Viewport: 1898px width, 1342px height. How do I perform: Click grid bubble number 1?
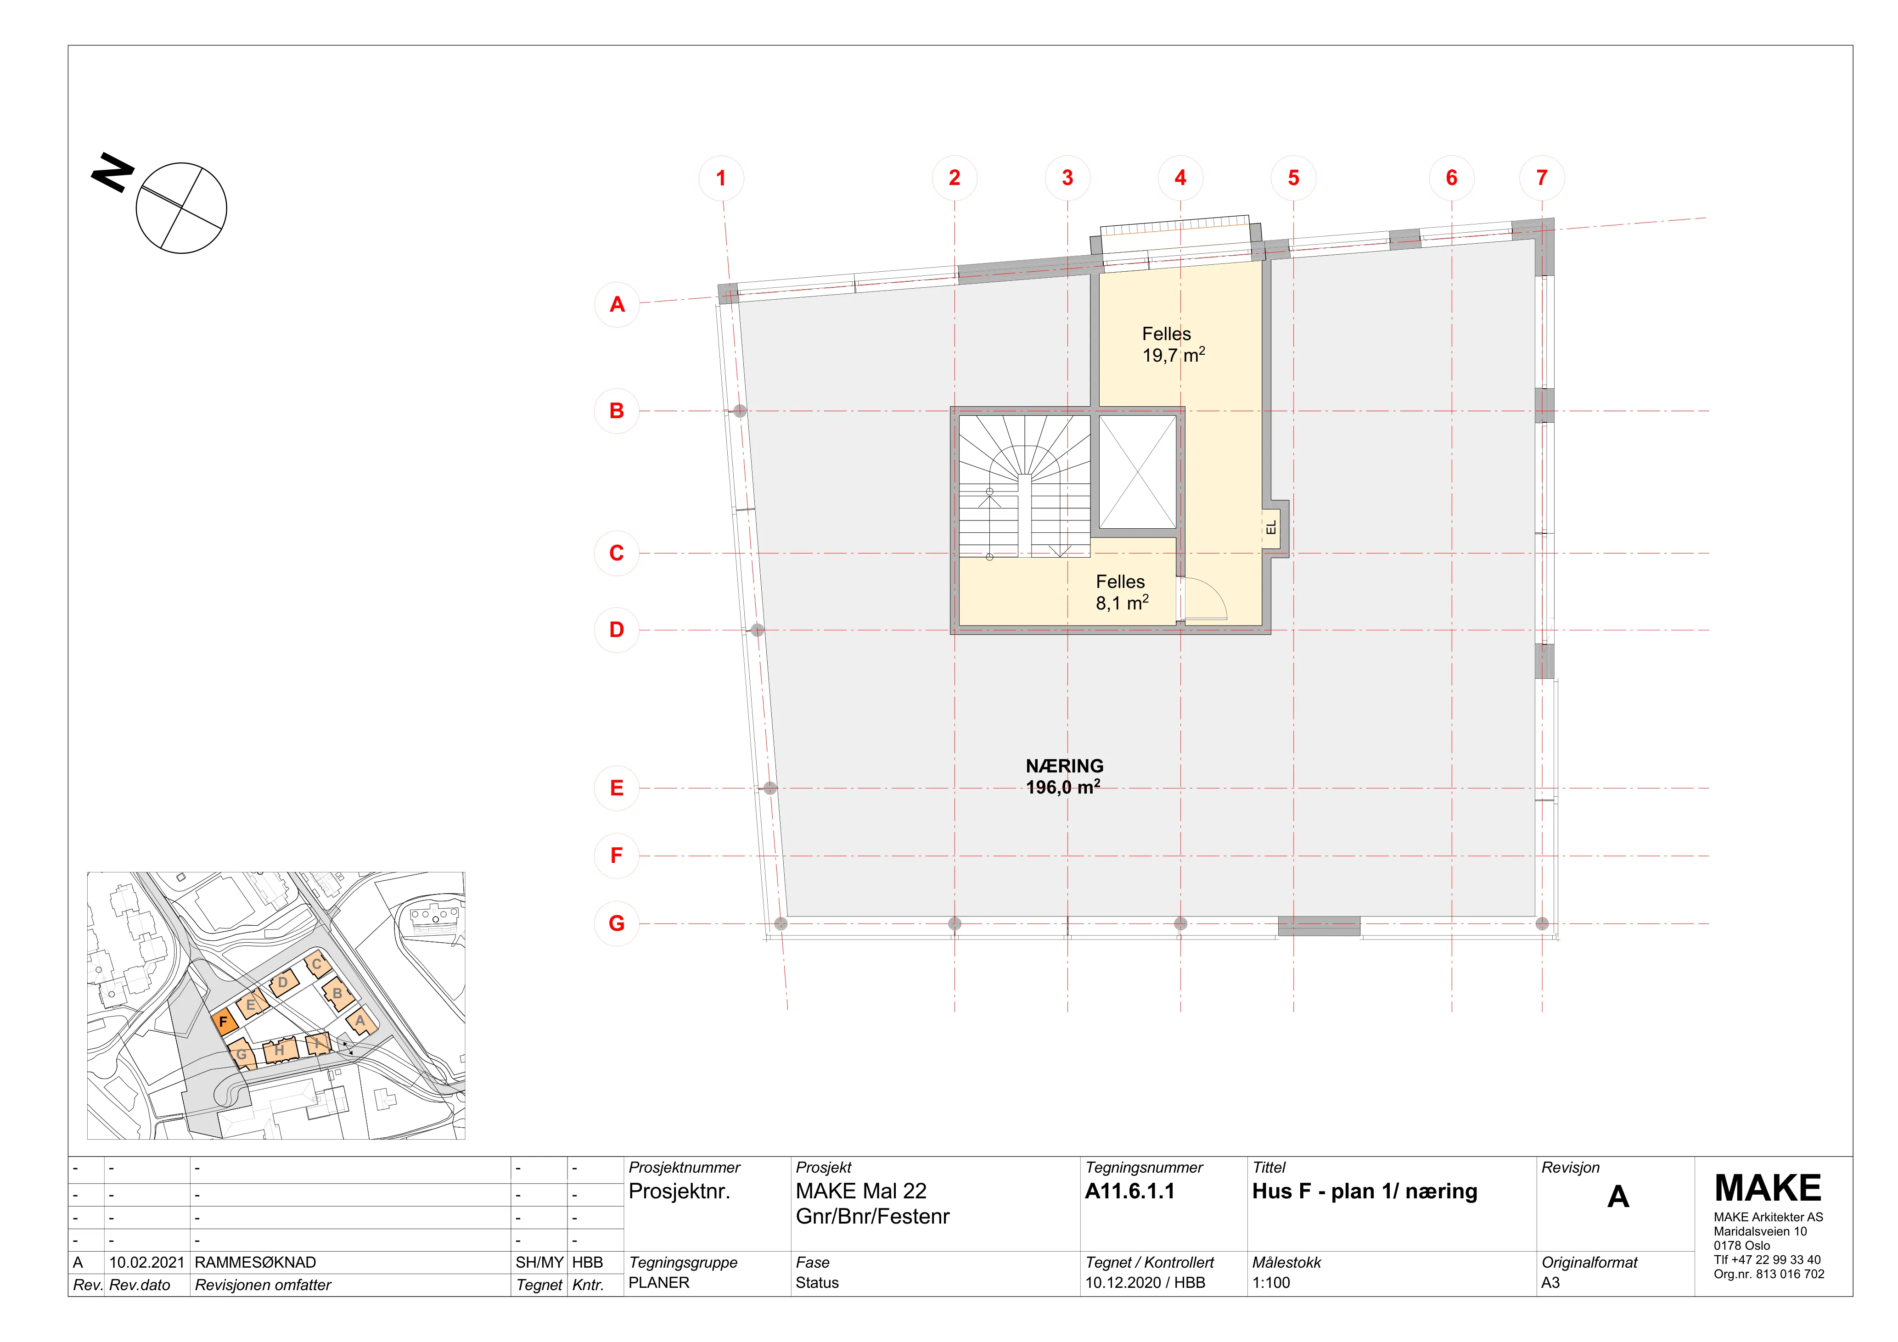[x=721, y=178]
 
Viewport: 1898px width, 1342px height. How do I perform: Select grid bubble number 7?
[x=1542, y=178]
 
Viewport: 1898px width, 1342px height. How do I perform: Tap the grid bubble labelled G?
[x=617, y=923]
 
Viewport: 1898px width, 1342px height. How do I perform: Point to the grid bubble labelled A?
[x=617, y=304]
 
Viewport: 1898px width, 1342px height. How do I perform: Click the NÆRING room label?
[x=1065, y=766]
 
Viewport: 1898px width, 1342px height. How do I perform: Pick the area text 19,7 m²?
[x=1174, y=355]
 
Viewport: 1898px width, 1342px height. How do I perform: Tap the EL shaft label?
[x=1271, y=527]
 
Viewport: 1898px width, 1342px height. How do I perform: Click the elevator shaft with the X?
[x=1138, y=472]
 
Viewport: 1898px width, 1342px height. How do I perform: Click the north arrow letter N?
[x=112, y=172]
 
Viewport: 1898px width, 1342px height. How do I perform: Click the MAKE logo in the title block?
[x=1768, y=1188]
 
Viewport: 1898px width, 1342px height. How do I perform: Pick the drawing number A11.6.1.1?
[x=1129, y=1191]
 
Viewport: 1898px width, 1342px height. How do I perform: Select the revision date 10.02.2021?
[x=146, y=1263]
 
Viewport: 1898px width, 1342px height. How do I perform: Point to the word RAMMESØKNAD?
[x=255, y=1263]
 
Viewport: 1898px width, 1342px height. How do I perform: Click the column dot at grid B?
[x=740, y=411]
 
